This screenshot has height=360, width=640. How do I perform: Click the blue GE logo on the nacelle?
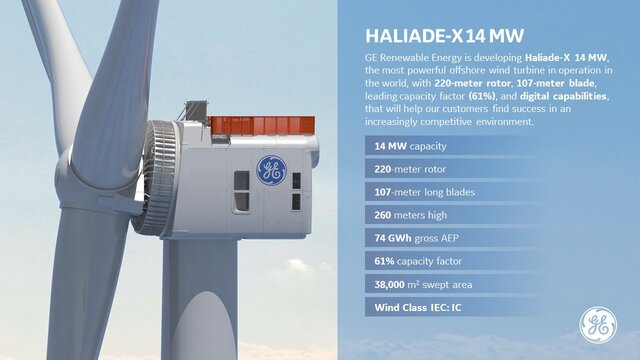pos(270,170)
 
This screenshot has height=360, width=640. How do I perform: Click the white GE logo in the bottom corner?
pos(598,324)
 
